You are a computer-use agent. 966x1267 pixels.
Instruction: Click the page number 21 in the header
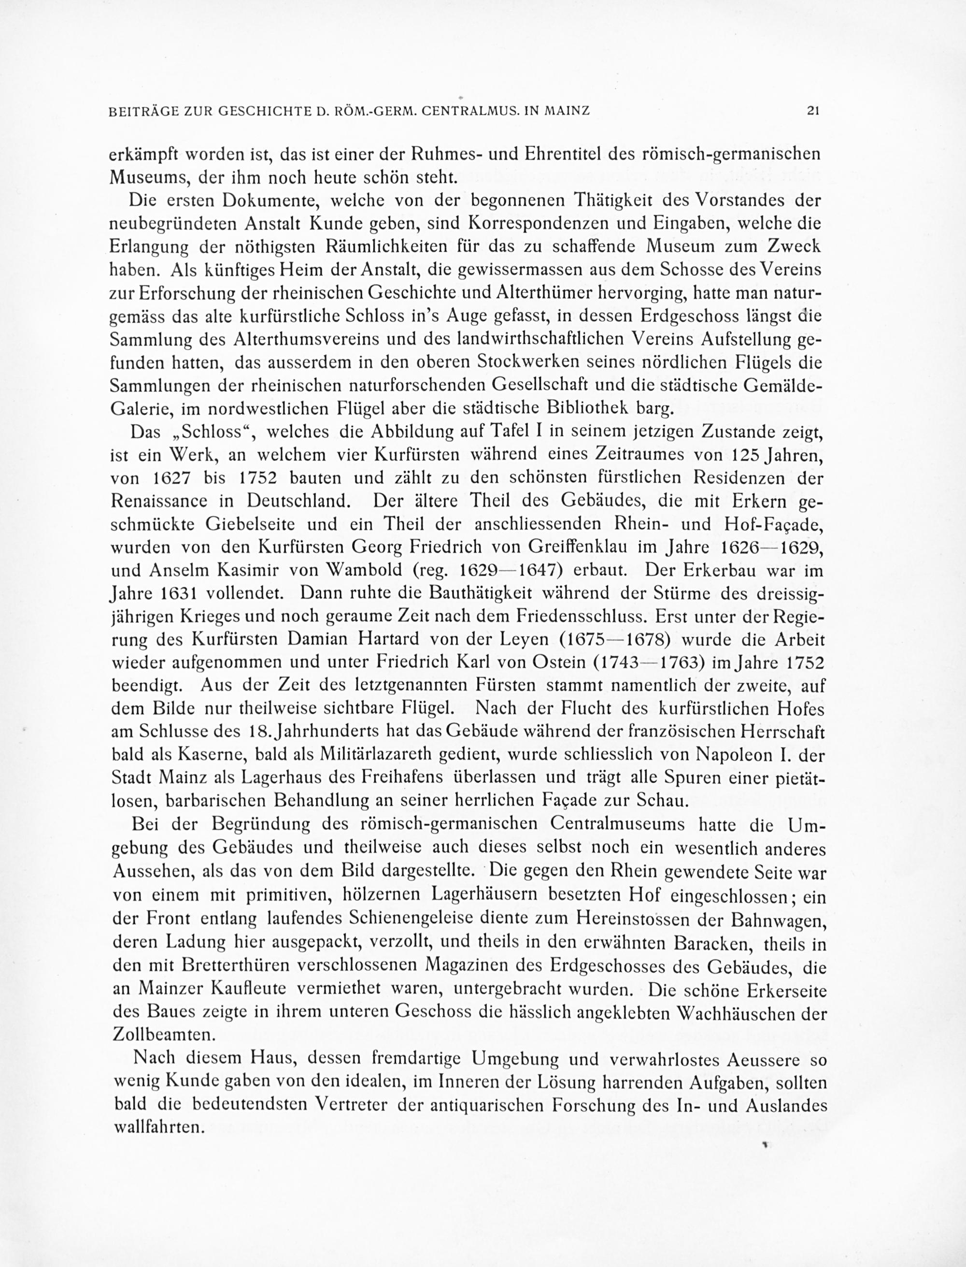tap(812, 112)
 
